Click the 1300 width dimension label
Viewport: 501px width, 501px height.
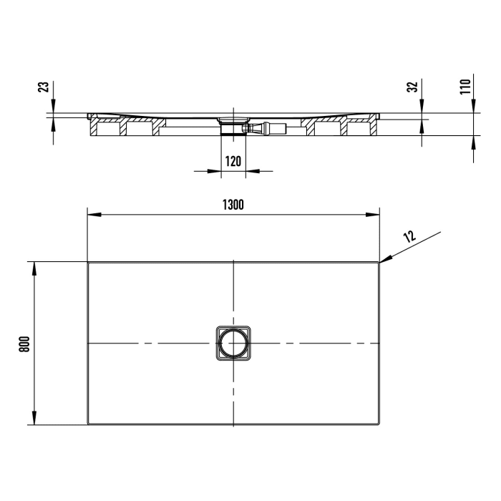tap(233, 205)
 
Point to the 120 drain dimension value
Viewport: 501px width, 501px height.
tap(233, 162)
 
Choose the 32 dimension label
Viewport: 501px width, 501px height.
tap(412, 88)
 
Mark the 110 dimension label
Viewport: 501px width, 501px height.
tap(464, 87)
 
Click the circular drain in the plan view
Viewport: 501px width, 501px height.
tap(233, 344)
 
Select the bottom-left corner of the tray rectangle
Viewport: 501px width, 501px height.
tap(88, 424)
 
